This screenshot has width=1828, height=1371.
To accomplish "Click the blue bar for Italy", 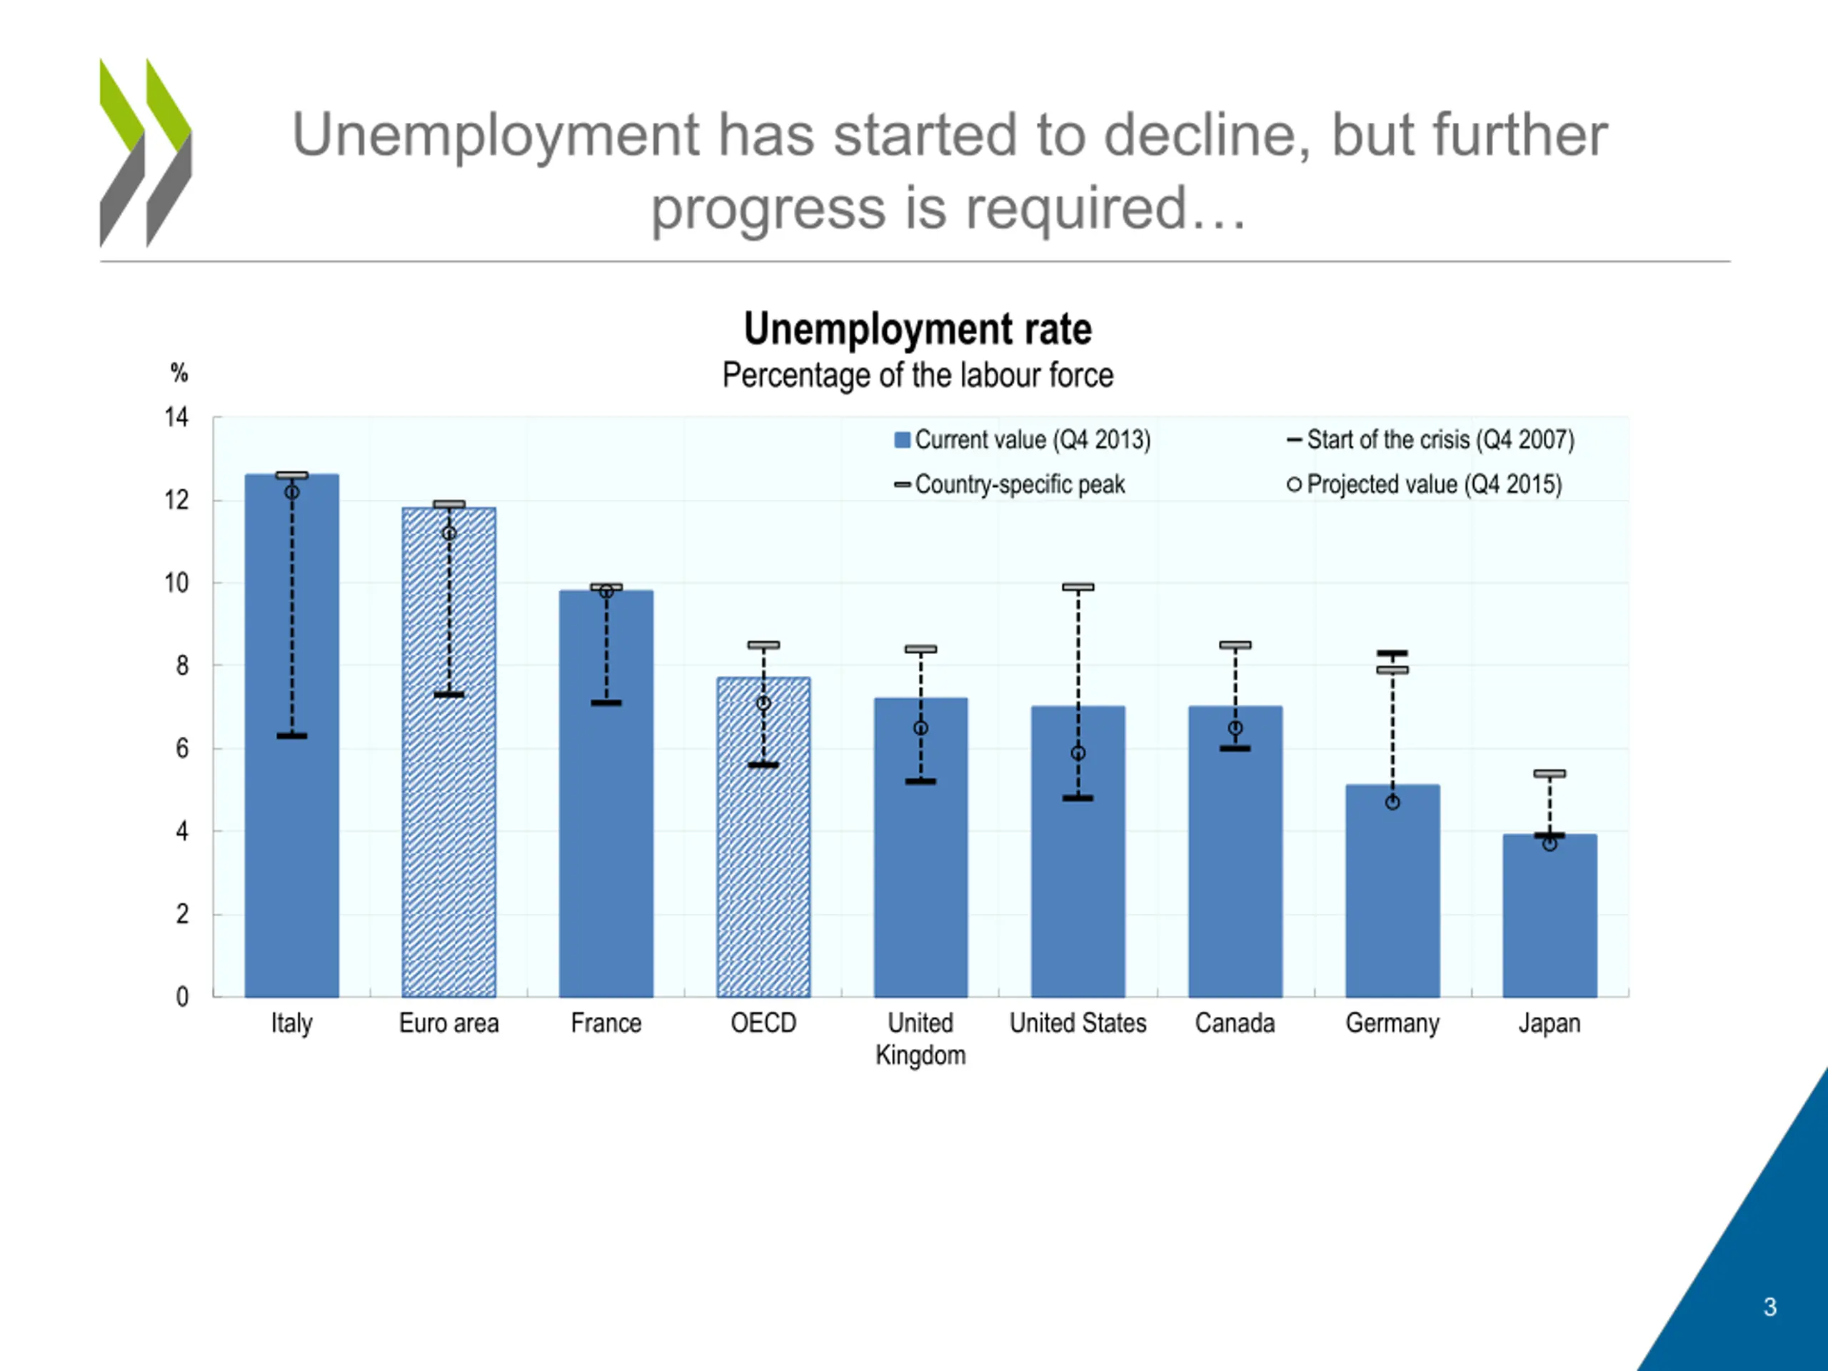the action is [x=292, y=735].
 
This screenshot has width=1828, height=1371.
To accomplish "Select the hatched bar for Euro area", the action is [x=448, y=752].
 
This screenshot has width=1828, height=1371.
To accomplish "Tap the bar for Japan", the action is [x=1550, y=915].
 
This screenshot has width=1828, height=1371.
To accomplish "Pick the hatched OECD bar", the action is [x=763, y=837].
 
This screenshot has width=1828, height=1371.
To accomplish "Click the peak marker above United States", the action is [x=1078, y=587].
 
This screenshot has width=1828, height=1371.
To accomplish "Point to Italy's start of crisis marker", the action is [x=292, y=735].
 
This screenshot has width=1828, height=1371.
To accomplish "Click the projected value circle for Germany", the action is [x=1392, y=803].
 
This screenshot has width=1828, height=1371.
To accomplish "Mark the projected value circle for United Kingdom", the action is [x=920, y=728].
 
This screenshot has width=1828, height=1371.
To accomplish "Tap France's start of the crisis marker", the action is [x=606, y=703].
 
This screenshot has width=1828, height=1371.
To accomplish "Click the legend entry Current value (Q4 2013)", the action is [x=1023, y=440].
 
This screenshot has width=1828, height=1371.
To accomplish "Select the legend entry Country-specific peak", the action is [x=1010, y=484].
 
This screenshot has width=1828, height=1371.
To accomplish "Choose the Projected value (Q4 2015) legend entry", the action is [x=1425, y=484].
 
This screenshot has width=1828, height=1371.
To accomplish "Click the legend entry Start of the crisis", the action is [x=1430, y=440].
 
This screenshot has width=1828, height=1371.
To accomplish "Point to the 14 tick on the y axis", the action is [x=177, y=417].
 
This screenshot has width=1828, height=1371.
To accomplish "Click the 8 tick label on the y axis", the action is [x=182, y=666].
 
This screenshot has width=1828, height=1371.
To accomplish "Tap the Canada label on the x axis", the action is [x=1235, y=1023].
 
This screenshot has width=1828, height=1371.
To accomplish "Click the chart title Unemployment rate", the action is [x=918, y=329].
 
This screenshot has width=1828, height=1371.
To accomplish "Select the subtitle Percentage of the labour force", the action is [x=918, y=375].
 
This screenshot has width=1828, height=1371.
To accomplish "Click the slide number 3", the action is [x=1770, y=1307].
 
